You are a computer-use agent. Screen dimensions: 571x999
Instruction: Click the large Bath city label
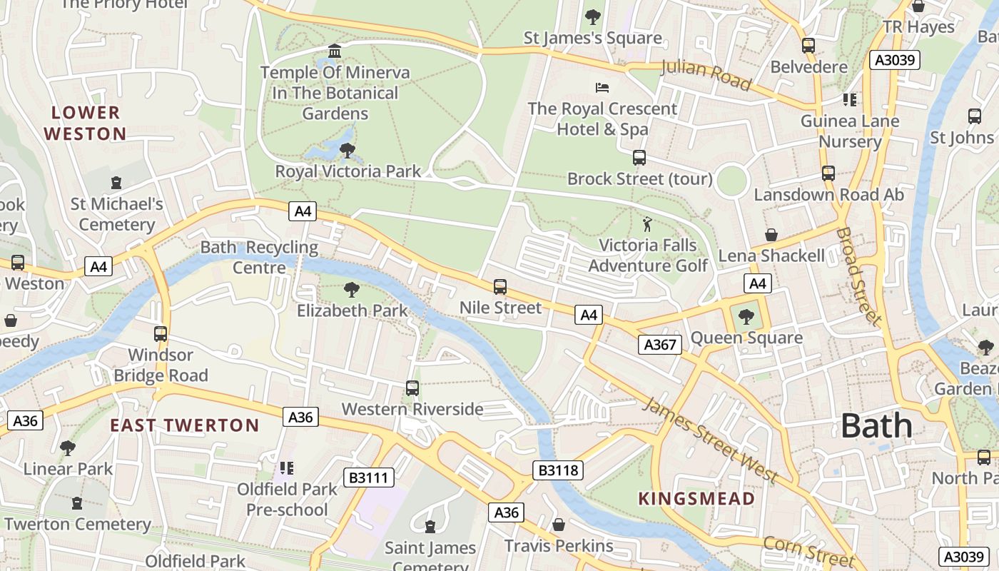[x=876, y=426]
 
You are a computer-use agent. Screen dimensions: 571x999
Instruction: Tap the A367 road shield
[x=659, y=345]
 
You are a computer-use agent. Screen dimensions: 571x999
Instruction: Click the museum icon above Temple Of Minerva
[x=335, y=51]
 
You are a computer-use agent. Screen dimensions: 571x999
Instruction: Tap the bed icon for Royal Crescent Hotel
[x=602, y=88]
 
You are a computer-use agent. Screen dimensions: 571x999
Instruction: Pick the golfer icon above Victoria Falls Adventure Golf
[x=647, y=224]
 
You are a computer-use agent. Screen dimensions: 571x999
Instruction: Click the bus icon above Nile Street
[x=500, y=287]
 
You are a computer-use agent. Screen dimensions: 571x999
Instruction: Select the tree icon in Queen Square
[x=746, y=316]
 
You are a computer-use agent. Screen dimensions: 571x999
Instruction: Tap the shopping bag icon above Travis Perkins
[x=559, y=525]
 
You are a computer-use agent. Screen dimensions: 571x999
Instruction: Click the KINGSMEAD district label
[x=696, y=499]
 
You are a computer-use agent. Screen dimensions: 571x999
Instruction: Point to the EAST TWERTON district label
[x=184, y=425]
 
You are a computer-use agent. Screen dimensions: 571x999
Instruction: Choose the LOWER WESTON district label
[x=86, y=123]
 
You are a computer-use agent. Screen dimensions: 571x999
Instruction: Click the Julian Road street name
[x=706, y=75]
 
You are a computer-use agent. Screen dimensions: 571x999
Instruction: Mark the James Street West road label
[x=709, y=440]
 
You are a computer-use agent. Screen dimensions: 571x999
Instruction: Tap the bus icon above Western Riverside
[x=412, y=388]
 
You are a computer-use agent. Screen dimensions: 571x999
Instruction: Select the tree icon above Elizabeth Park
[x=351, y=289]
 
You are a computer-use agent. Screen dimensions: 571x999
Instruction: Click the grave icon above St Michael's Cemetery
[x=116, y=183]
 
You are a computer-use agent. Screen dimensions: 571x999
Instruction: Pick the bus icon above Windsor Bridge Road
[x=161, y=334]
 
